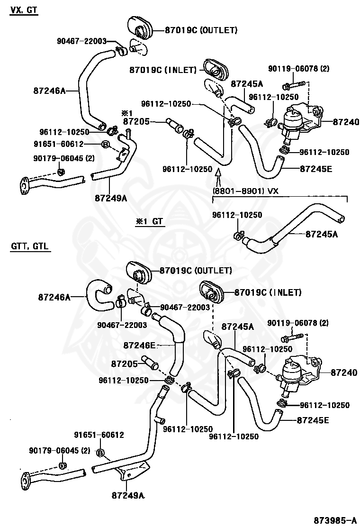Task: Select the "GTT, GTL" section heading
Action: pos(30,247)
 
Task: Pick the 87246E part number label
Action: pos(140,345)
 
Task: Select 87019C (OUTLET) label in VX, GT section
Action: pos(200,30)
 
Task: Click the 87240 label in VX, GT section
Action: pos(345,122)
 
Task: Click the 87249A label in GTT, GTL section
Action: pos(128,496)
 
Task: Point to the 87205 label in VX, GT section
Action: pos(136,122)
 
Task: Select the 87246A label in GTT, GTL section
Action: pos(54,297)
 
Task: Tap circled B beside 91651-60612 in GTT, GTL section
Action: pos(100,453)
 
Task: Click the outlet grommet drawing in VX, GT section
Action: pos(141,29)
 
